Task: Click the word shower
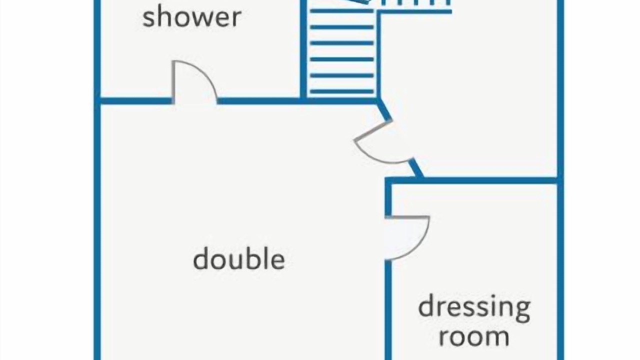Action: tap(192, 17)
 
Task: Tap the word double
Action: tap(239, 258)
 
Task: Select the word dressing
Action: tap(474, 310)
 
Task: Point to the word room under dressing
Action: tap(474, 337)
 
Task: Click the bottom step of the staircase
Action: tap(342, 91)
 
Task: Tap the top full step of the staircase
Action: tap(342, 11)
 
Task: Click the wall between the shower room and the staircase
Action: tap(303, 50)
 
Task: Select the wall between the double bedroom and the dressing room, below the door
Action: tap(388, 310)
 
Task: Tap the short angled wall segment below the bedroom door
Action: tap(416, 168)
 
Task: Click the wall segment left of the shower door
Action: tap(134, 101)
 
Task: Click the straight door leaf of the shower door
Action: tap(173, 81)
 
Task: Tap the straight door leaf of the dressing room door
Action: tap(407, 217)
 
